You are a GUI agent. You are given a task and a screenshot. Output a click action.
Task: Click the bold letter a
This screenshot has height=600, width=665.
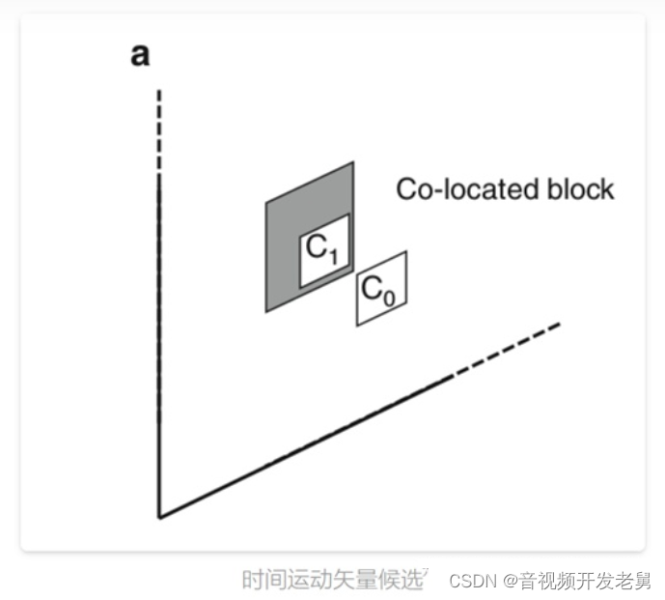141,56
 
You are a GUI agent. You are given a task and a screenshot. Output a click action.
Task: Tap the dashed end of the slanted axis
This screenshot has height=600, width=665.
512,345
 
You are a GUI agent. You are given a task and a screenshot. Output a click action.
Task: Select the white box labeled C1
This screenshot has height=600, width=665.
323,251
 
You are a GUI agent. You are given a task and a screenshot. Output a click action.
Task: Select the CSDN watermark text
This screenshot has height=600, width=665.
471,582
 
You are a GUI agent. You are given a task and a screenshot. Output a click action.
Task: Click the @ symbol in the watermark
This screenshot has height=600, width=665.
507,582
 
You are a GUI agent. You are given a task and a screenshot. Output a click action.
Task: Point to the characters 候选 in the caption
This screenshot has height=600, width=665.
405,580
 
